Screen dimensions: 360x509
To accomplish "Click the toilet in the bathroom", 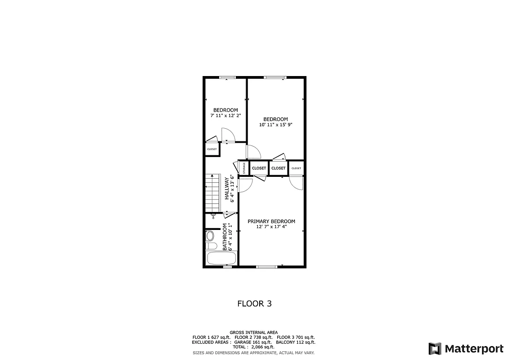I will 211,238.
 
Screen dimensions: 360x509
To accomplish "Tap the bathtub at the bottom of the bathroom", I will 221,259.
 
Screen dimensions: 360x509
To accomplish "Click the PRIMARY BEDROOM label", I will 271,221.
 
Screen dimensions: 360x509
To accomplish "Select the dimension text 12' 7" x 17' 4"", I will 271,227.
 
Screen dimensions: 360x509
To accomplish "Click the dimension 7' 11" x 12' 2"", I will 225,116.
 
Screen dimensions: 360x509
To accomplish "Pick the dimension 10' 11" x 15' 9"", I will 275,125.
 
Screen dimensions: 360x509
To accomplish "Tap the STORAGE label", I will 244,168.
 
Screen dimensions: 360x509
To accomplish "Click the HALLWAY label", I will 227,188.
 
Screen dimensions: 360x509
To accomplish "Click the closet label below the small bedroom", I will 212,149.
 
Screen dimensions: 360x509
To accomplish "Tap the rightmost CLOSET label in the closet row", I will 296,168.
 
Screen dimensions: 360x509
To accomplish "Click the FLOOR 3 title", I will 254,304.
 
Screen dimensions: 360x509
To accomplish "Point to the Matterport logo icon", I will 435,348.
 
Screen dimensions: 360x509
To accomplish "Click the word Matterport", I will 474,348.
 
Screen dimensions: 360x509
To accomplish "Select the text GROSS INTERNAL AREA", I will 253,333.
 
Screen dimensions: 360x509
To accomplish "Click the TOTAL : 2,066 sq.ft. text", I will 254,347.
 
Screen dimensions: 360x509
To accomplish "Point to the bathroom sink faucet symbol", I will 214,216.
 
